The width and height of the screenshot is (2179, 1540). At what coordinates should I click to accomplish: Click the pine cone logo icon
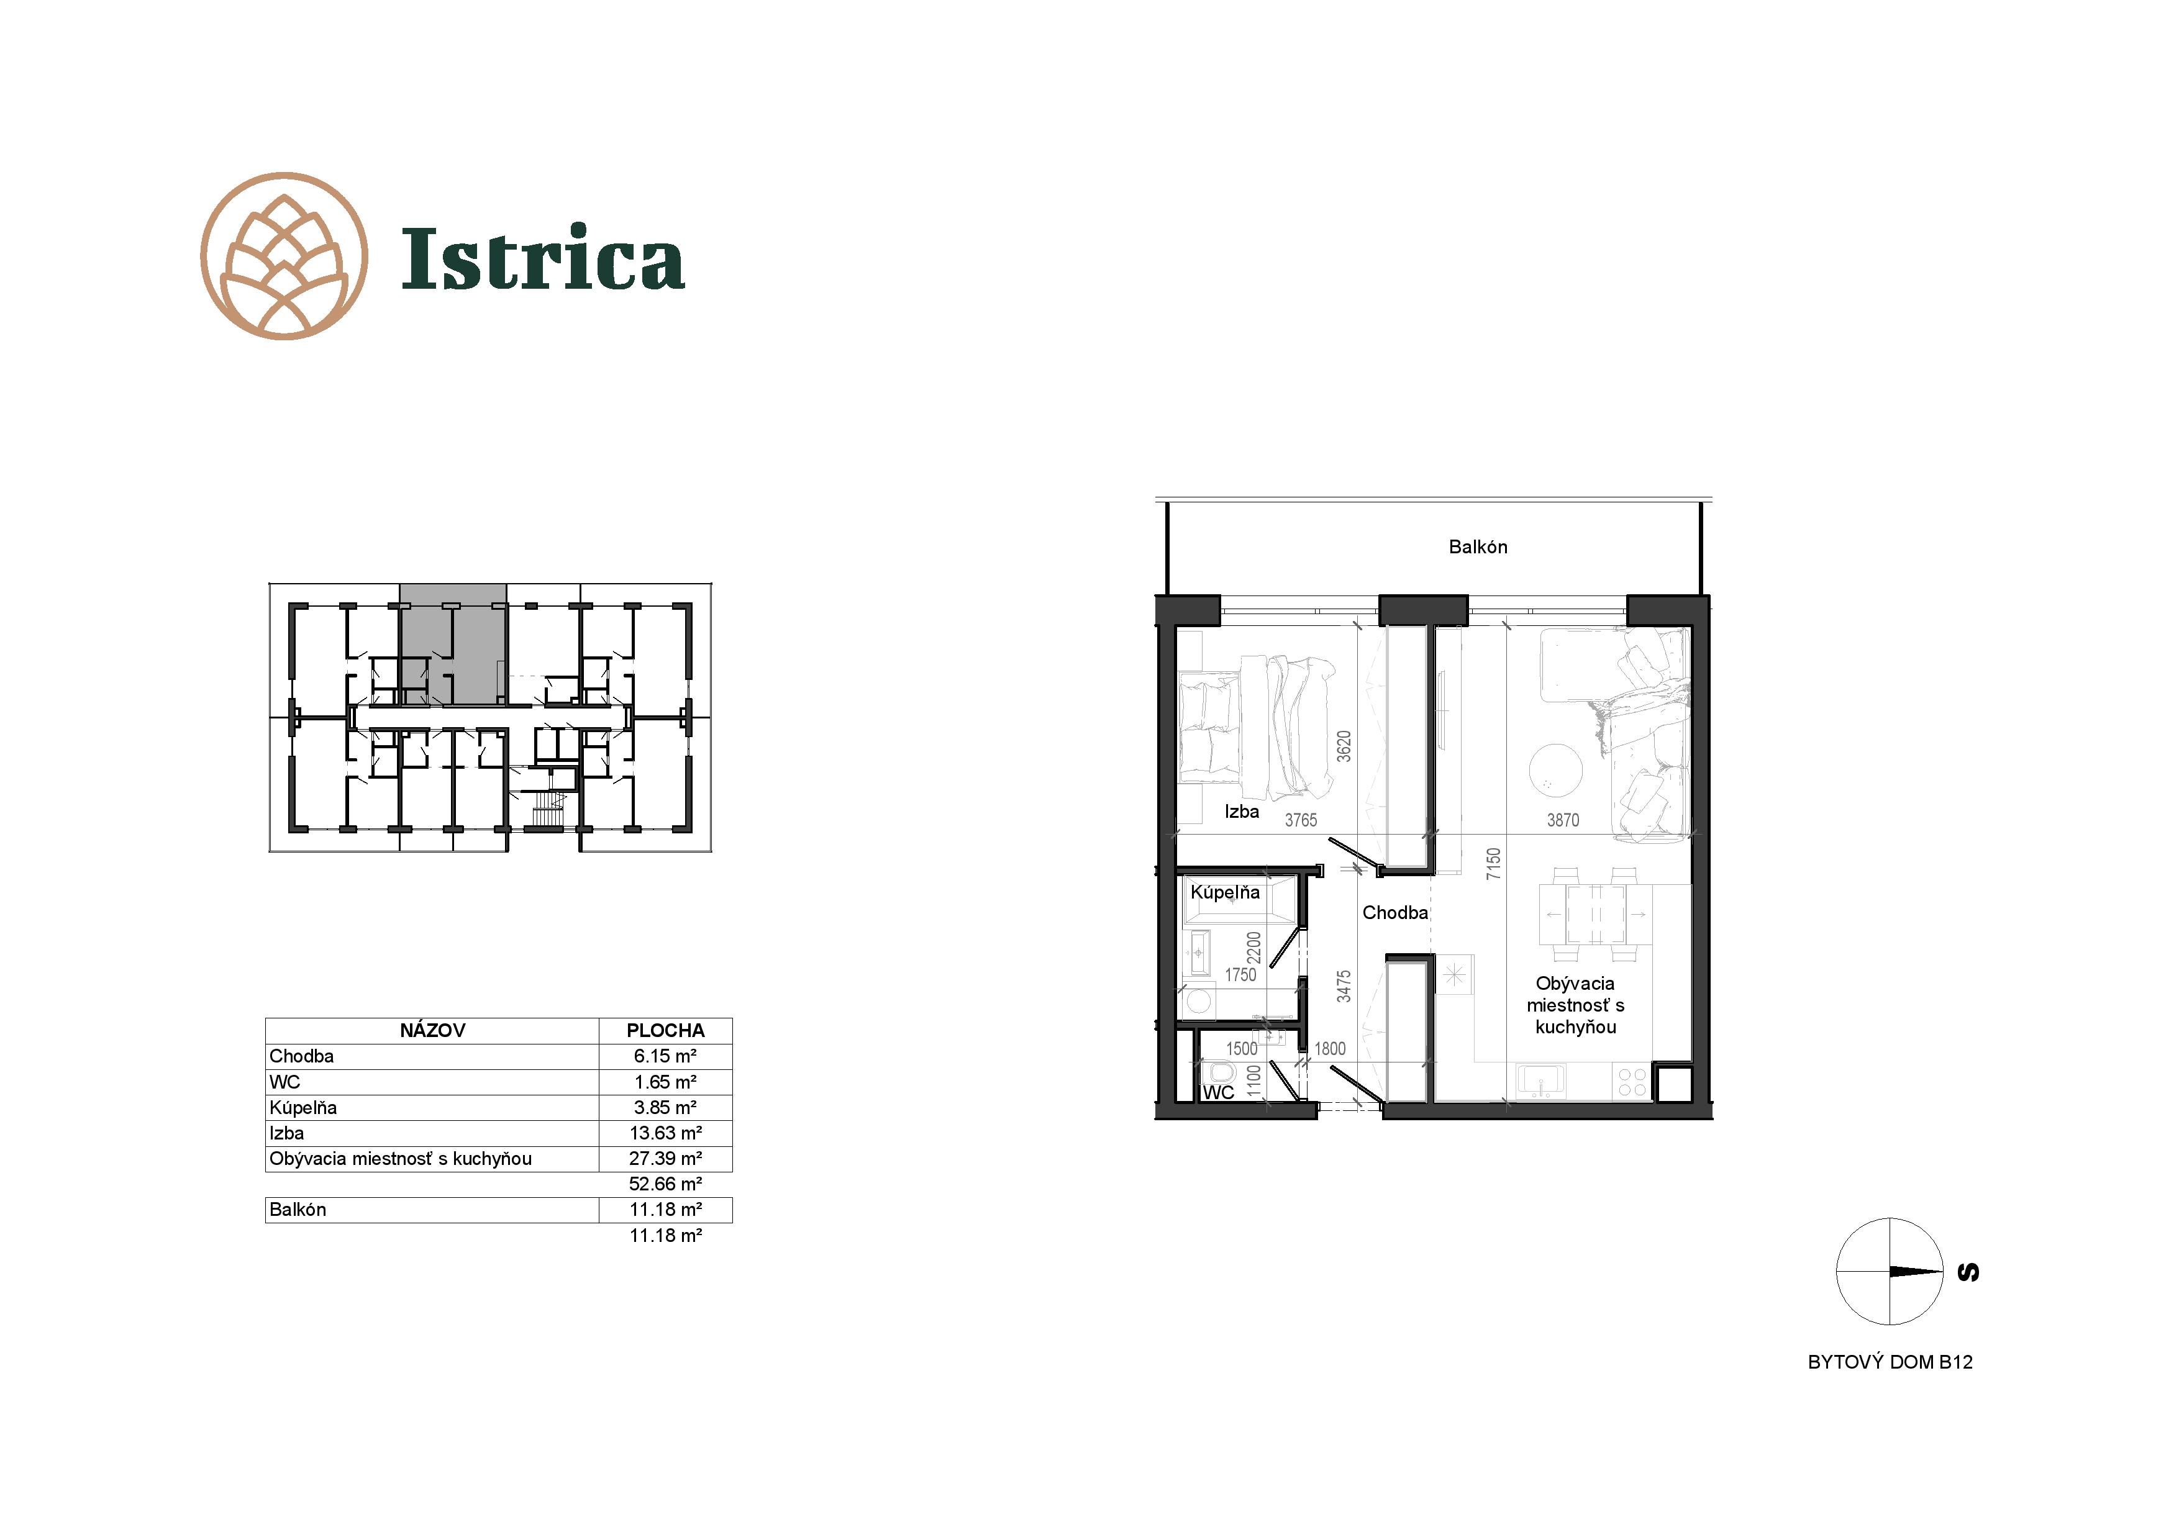284,256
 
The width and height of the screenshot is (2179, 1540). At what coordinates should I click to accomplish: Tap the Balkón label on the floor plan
1478,546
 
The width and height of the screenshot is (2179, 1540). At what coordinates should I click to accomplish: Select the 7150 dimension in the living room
1494,864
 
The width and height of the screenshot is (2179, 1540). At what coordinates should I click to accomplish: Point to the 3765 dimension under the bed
1301,820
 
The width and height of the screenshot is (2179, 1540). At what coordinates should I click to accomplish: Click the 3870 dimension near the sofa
1563,820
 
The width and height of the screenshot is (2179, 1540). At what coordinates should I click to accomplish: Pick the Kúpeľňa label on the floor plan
1225,892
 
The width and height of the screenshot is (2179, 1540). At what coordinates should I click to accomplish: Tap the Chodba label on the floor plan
1395,913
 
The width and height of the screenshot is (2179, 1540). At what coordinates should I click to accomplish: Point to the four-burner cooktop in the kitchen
1632,1082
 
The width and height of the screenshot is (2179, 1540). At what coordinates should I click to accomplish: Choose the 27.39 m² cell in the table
665,1159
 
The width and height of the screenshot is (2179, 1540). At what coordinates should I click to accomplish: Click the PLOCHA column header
665,1030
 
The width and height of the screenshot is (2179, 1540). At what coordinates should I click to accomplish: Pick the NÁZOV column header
433,1030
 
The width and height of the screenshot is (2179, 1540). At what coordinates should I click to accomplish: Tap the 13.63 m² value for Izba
665,1133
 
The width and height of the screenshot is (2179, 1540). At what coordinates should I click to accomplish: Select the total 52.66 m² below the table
665,1184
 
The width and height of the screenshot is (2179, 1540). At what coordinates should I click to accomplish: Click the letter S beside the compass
1969,1272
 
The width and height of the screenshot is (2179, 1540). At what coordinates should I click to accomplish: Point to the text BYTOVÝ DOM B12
1891,1362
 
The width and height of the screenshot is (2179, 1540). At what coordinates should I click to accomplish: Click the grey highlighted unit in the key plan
453,645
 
